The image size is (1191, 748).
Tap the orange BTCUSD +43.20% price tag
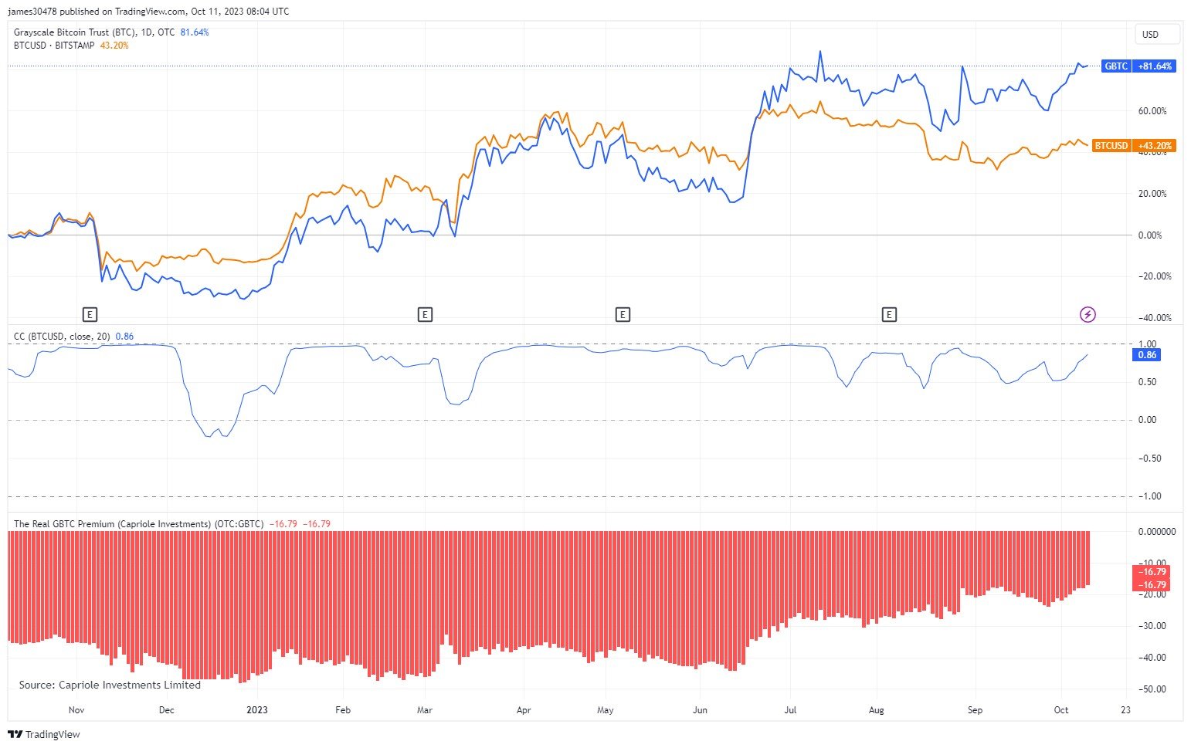1134,146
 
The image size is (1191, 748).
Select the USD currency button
1150,34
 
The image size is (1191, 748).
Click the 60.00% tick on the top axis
1152,111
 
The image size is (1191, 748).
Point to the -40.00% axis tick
1155,318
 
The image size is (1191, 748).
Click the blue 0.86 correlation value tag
1148,355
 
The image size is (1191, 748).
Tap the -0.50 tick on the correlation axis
1150,459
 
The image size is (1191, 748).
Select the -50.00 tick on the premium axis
1153,689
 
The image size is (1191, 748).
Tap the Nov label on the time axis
76,710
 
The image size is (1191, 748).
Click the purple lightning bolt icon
1088,314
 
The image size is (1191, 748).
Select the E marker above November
90,314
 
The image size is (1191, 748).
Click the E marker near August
890,314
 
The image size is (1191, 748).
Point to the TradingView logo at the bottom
44,734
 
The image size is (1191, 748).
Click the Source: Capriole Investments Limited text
110,685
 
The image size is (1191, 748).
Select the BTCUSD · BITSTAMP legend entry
54,46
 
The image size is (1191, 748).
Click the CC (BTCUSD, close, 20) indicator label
62,337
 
